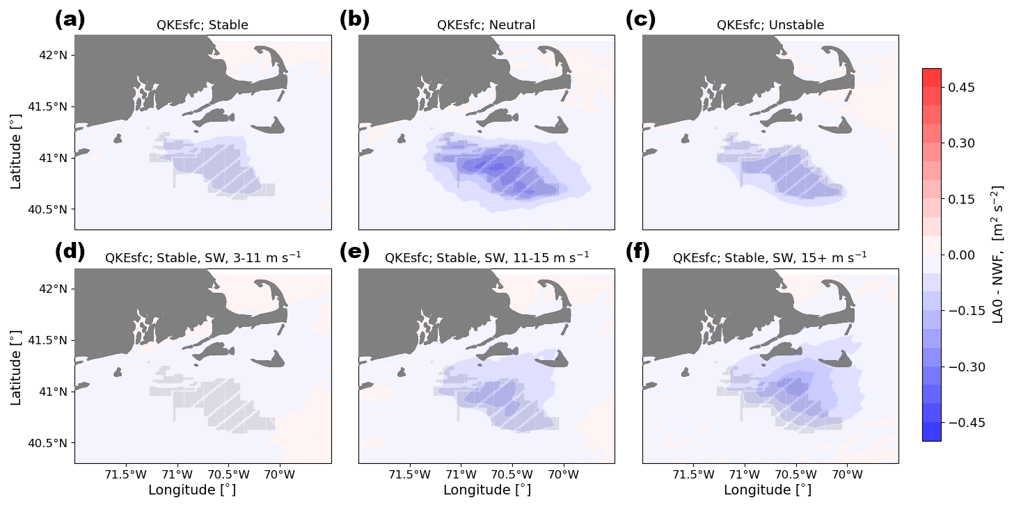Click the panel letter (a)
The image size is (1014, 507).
point(70,19)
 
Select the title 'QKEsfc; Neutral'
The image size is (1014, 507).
point(486,25)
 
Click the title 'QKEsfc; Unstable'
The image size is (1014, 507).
point(770,25)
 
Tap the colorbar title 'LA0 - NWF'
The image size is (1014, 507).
point(997,255)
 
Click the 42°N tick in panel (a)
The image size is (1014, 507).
point(52,55)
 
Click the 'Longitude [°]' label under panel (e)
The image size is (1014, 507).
point(486,490)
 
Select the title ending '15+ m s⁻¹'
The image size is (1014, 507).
point(770,258)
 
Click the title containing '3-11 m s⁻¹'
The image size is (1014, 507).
point(203,258)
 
